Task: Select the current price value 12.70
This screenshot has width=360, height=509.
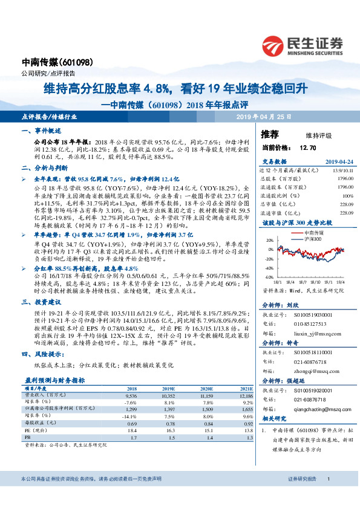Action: pos(309,147)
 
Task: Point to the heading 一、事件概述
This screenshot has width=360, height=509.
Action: pos(41,131)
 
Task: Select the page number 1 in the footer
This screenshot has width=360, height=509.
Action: pos(327,495)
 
